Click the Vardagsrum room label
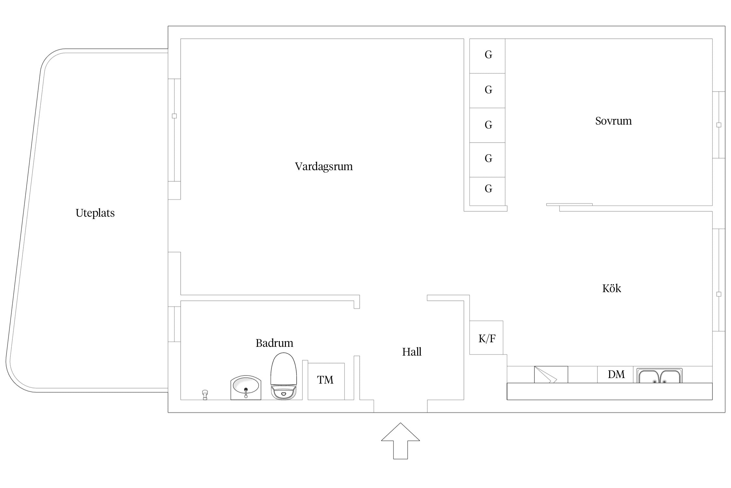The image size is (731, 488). point(324,167)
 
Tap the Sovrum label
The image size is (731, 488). point(613,121)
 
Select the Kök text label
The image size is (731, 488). point(611,288)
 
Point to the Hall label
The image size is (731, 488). point(412,352)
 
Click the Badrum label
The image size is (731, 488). point(274,343)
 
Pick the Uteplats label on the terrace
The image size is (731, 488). point(95,213)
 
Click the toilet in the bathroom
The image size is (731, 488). point(284,376)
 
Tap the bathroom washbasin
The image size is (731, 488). point(246,387)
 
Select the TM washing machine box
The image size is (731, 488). point(326,381)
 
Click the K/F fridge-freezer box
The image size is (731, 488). point(486,338)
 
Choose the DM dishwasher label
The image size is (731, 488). point(616,374)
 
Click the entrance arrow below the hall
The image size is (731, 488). point(400,441)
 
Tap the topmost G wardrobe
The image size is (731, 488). point(487,56)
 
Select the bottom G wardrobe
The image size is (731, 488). point(487,191)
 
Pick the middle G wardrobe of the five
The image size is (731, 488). point(487,125)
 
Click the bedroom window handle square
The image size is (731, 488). point(719,125)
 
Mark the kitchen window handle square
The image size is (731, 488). point(719,294)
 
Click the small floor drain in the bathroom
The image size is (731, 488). point(205,395)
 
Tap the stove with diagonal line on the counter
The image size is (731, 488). point(551,374)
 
